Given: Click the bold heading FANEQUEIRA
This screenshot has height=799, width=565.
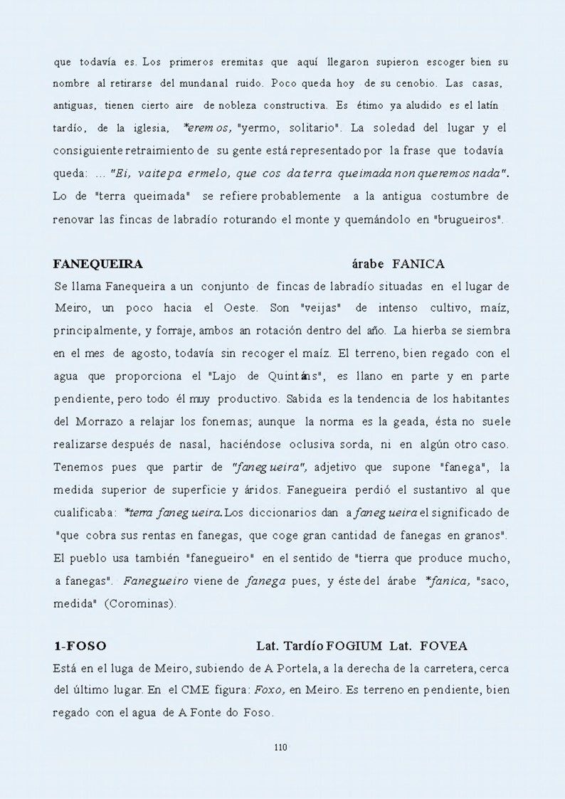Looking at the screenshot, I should click(x=97, y=264).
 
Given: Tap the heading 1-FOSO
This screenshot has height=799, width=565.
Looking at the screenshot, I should click(x=80, y=646).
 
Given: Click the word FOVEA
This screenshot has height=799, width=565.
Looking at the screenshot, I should click(x=444, y=646).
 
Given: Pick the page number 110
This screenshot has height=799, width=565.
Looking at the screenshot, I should click(x=280, y=747).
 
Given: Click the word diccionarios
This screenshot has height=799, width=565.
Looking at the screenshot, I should click(x=295, y=512).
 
